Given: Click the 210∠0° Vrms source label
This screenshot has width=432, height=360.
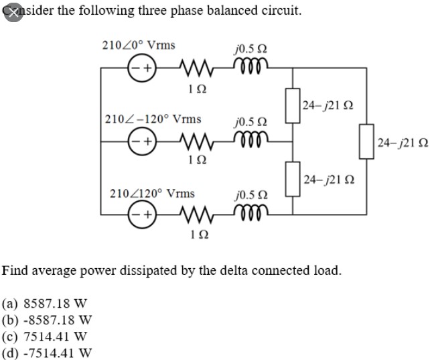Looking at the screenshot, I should pyautogui.click(x=138, y=46).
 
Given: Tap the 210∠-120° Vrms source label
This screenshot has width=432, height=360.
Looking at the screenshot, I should pyautogui.click(x=153, y=119).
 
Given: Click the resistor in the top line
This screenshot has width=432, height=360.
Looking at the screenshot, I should pyautogui.click(x=193, y=68).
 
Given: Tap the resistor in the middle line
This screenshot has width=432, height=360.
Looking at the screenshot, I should pyautogui.click(x=193, y=141).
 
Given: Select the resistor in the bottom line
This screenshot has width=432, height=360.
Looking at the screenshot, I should pyautogui.click(x=193, y=215).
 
